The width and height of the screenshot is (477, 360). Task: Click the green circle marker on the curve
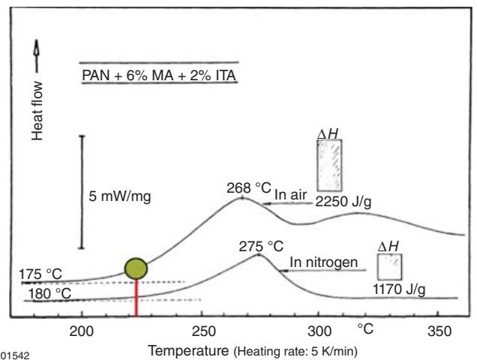click(136, 267)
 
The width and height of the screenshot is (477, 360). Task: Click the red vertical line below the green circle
click(136, 297)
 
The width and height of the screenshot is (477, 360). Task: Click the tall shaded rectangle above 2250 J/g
click(331, 164)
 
